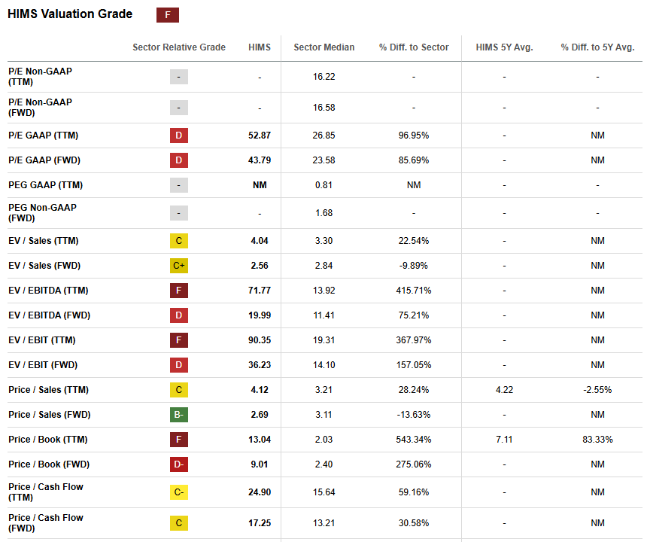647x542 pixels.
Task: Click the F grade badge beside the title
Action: pyautogui.click(x=167, y=15)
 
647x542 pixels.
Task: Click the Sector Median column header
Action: pyautogui.click(x=323, y=47)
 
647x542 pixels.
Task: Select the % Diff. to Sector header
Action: pyautogui.click(x=414, y=47)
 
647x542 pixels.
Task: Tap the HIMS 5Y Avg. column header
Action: pyautogui.click(x=504, y=47)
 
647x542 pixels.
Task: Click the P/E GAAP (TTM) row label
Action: pyautogui.click(x=43, y=135)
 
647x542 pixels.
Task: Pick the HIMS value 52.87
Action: pyautogui.click(x=260, y=135)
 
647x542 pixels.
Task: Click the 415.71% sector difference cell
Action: pyautogui.click(x=414, y=291)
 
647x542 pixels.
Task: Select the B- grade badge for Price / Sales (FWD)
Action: pyautogui.click(x=179, y=415)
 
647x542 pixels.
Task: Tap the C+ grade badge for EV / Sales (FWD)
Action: pyautogui.click(x=179, y=266)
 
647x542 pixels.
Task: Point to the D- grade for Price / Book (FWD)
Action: pyautogui.click(x=179, y=464)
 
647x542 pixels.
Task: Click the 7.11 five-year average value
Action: pyautogui.click(x=504, y=440)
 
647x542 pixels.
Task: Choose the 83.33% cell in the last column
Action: pyautogui.click(x=597, y=440)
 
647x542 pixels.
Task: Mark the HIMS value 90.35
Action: pyautogui.click(x=260, y=340)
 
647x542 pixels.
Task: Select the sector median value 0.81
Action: pyautogui.click(x=323, y=185)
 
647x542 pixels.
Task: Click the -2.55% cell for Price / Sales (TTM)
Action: pyautogui.click(x=597, y=390)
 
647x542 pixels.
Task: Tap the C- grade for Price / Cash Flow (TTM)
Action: pyautogui.click(x=179, y=492)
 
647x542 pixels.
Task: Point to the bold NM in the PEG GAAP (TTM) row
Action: pyautogui.click(x=260, y=185)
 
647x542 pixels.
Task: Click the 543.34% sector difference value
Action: pyautogui.click(x=414, y=440)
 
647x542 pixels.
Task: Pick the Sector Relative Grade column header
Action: pyautogui.click(x=179, y=47)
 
